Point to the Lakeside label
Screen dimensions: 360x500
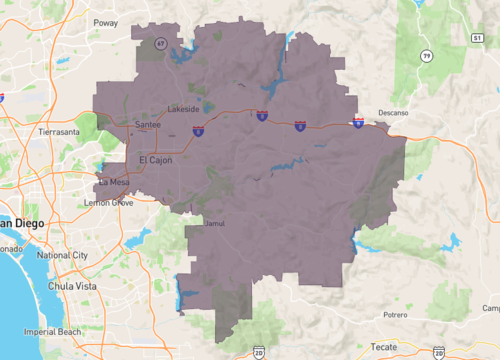pos(183,108)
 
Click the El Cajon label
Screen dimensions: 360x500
pos(156,160)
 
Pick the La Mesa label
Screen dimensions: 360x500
pos(113,182)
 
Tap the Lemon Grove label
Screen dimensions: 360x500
pos(110,203)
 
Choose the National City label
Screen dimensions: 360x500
pos(62,255)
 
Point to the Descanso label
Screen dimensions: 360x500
pos(394,112)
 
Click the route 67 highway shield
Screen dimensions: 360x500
pos(160,43)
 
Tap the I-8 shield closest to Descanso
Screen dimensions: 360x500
pos(359,121)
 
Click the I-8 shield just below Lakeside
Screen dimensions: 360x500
pos(198,130)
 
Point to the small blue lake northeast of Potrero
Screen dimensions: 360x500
pos(454,241)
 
